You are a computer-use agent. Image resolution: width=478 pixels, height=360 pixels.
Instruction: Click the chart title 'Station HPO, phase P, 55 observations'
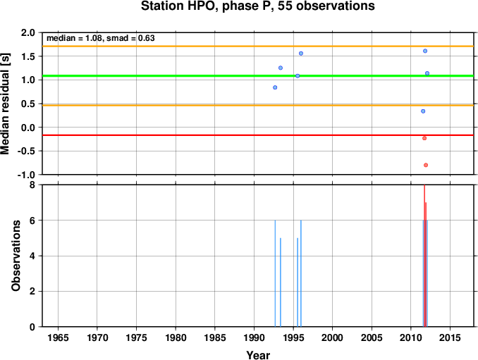click(x=257, y=6)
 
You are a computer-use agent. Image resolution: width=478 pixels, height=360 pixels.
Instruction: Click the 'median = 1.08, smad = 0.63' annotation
click(x=101, y=38)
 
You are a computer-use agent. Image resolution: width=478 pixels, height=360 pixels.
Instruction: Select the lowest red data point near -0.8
click(x=426, y=165)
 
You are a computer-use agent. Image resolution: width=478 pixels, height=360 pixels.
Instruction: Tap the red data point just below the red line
click(x=424, y=138)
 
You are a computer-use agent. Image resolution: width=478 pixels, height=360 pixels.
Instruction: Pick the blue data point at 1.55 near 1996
click(x=301, y=54)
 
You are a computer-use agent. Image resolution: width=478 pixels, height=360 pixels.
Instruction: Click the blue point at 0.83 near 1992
click(x=275, y=87)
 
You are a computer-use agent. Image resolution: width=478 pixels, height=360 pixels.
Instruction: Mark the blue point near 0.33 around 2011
click(x=423, y=111)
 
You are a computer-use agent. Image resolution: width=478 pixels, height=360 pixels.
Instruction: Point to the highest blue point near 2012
click(x=425, y=51)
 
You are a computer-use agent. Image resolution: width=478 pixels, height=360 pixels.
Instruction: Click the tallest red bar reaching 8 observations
click(x=424, y=256)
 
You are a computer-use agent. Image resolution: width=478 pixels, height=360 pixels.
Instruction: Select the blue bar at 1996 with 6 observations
click(x=301, y=273)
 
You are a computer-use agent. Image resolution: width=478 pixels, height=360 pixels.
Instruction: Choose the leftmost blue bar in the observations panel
click(x=275, y=273)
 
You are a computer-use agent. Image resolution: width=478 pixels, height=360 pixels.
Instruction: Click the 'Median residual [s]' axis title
click(x=5, y=104)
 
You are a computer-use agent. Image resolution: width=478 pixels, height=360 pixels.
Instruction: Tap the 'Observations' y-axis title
click(x=16, y=256)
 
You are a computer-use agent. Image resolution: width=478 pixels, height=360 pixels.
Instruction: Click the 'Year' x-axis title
click(x=258, y=355)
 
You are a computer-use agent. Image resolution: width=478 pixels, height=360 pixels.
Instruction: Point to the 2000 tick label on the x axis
click(x=332, y=337)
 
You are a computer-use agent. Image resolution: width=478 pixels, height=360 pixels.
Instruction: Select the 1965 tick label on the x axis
click(x=58, y=337)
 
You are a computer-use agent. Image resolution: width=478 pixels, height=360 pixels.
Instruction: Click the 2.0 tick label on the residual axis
click(x=28, y=32)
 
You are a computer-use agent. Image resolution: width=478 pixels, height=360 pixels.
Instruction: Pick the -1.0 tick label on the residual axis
click(x=27, y=175)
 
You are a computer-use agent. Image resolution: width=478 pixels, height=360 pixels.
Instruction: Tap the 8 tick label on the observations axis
click(x=32, y=185)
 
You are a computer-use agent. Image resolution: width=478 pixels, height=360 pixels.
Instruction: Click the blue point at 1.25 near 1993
click(x=281, y=68)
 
